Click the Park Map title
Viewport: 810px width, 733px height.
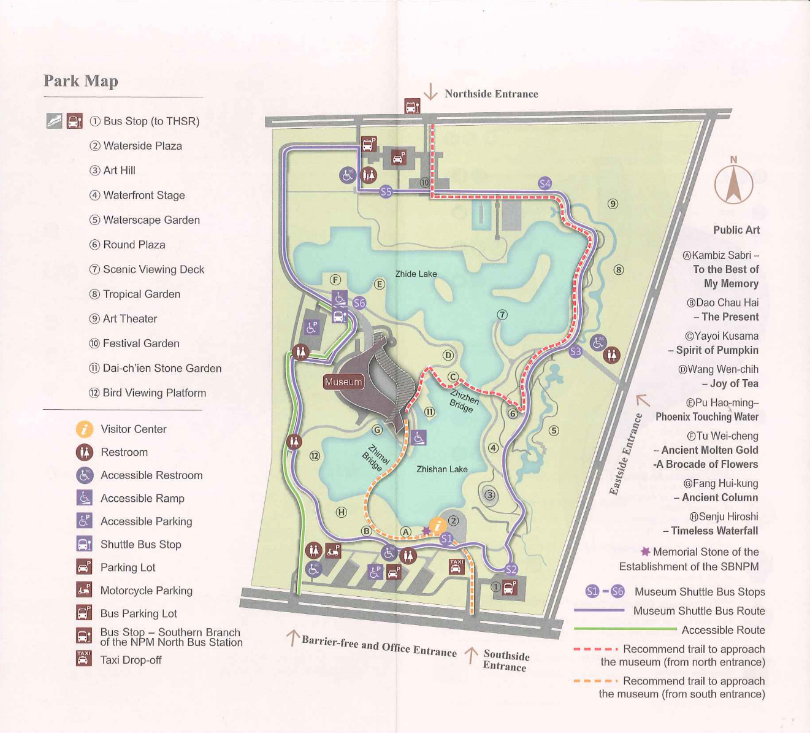(x=80, y=81)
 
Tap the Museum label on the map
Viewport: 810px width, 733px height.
(x=343, y=382)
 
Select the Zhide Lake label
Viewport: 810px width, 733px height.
(x=416, y=274)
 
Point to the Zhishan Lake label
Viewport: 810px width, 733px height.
(x=441, y=469)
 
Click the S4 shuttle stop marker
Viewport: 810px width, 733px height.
(x=544, y=183)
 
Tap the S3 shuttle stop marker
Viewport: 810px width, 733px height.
(x=575, y=351)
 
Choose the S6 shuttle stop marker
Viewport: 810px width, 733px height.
(x=359, y=303)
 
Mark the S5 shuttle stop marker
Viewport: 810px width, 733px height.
(x=386, y=191)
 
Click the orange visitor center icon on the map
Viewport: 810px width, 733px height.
(x=437, y=525)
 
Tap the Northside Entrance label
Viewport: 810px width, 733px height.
(x=491, y=94)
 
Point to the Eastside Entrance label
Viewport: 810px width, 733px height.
(x=626, y=454)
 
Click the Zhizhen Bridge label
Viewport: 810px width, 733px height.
(x=464, y=399)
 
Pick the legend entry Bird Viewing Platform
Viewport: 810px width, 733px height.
(x=154, y=393)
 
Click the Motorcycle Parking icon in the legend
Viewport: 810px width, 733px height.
(x=84, y=590)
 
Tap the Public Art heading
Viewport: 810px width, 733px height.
(x=736, y=230)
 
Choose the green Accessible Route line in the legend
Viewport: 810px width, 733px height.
(x=625, y=629)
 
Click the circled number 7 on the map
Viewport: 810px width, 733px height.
(x=502, y=315)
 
